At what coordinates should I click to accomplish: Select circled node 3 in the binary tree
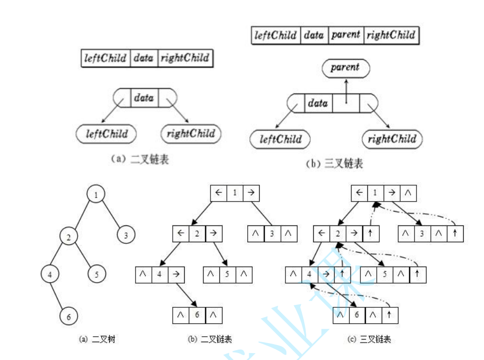126,235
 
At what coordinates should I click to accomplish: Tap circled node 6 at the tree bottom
69,316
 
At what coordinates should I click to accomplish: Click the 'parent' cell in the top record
346,36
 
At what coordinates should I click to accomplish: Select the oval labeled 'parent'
345,68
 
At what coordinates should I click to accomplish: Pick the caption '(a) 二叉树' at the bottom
97,340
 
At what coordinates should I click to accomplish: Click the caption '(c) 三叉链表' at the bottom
369,340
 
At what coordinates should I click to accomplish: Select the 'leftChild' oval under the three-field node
106,134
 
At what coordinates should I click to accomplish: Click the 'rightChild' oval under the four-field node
392,140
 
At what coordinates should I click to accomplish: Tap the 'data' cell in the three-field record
143,58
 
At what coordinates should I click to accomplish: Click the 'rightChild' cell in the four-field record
391,36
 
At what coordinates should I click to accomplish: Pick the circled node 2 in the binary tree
69,235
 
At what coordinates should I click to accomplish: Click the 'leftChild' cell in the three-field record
106,58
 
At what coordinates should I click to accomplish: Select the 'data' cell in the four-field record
314,36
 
